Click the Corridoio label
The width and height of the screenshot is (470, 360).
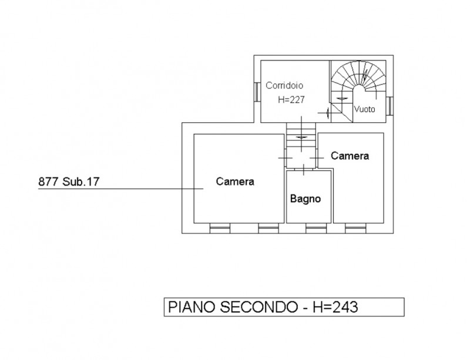[284, 85]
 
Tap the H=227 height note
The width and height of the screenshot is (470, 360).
[291, 99]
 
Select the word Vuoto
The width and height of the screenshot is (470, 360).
[364, 109]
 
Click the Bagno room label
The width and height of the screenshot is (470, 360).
[305, 198]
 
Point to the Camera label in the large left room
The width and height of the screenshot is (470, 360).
[235, 181]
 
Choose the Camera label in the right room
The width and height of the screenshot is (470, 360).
[350, 156]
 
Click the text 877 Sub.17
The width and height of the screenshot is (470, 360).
[69, 181]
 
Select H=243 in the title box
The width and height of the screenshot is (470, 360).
[335, 307]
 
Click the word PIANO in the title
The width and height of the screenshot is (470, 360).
[192, 307]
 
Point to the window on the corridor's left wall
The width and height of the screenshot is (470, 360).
[257, 92]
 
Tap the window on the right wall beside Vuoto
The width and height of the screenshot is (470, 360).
[390, 106]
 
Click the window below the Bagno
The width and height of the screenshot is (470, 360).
[316, 228]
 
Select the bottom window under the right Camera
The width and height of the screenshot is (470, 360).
[355, 228]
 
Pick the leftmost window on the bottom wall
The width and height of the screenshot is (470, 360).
[220, 228]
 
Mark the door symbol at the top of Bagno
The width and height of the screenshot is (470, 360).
[304, 170]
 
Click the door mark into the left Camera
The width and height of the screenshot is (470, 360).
[286, 158]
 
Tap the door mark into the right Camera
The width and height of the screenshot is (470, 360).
[317, 158]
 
